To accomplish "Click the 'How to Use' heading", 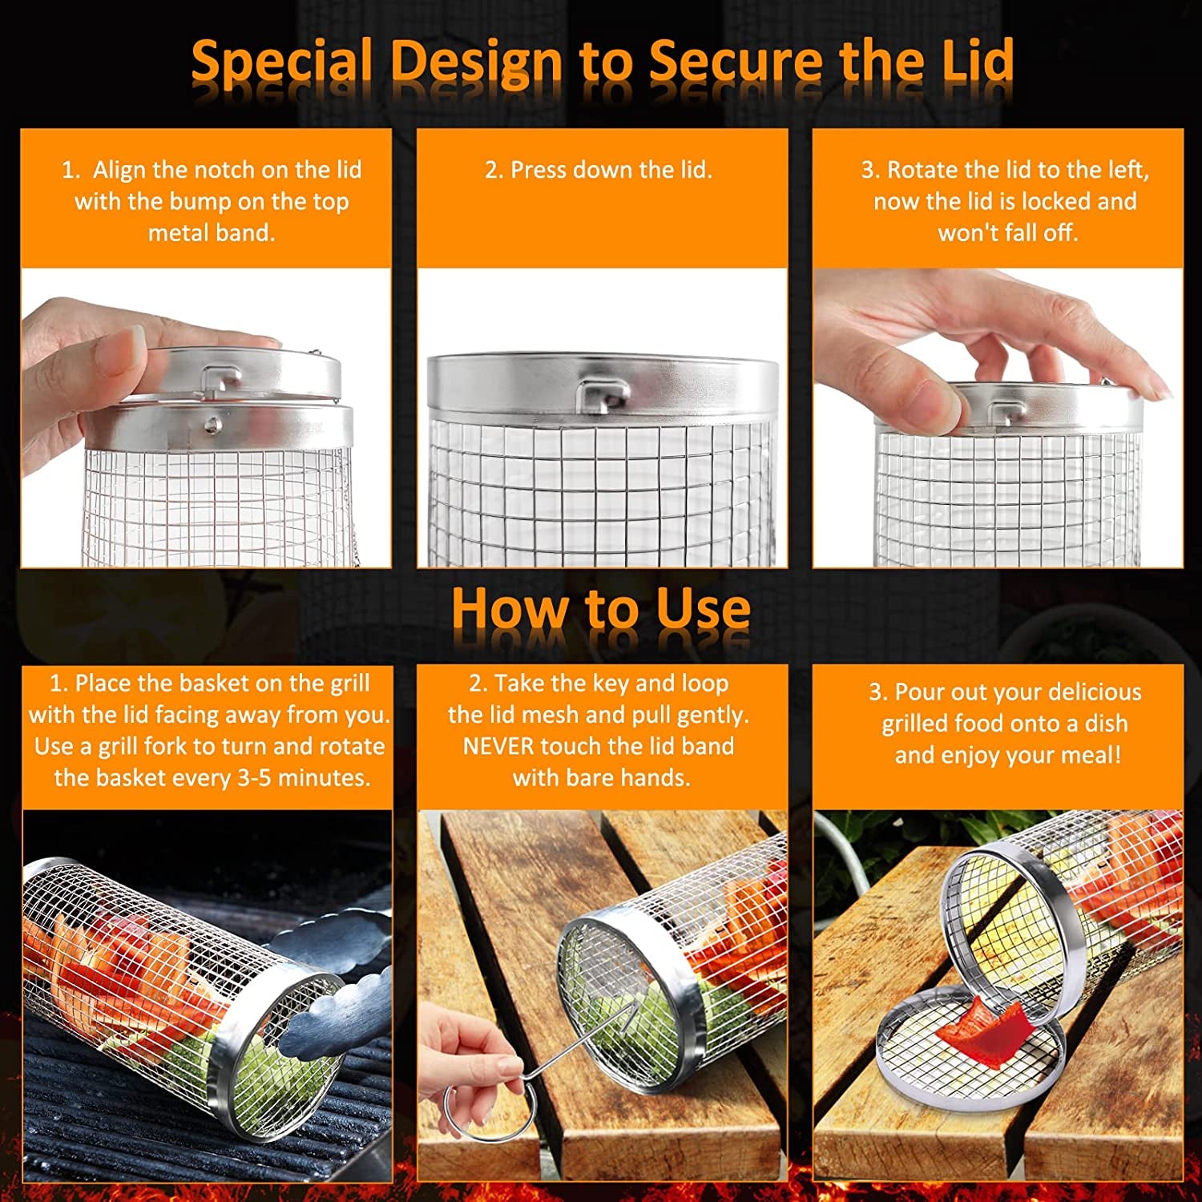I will click(x=601, y=609).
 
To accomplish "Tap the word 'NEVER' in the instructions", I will click(x=498, y=746).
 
